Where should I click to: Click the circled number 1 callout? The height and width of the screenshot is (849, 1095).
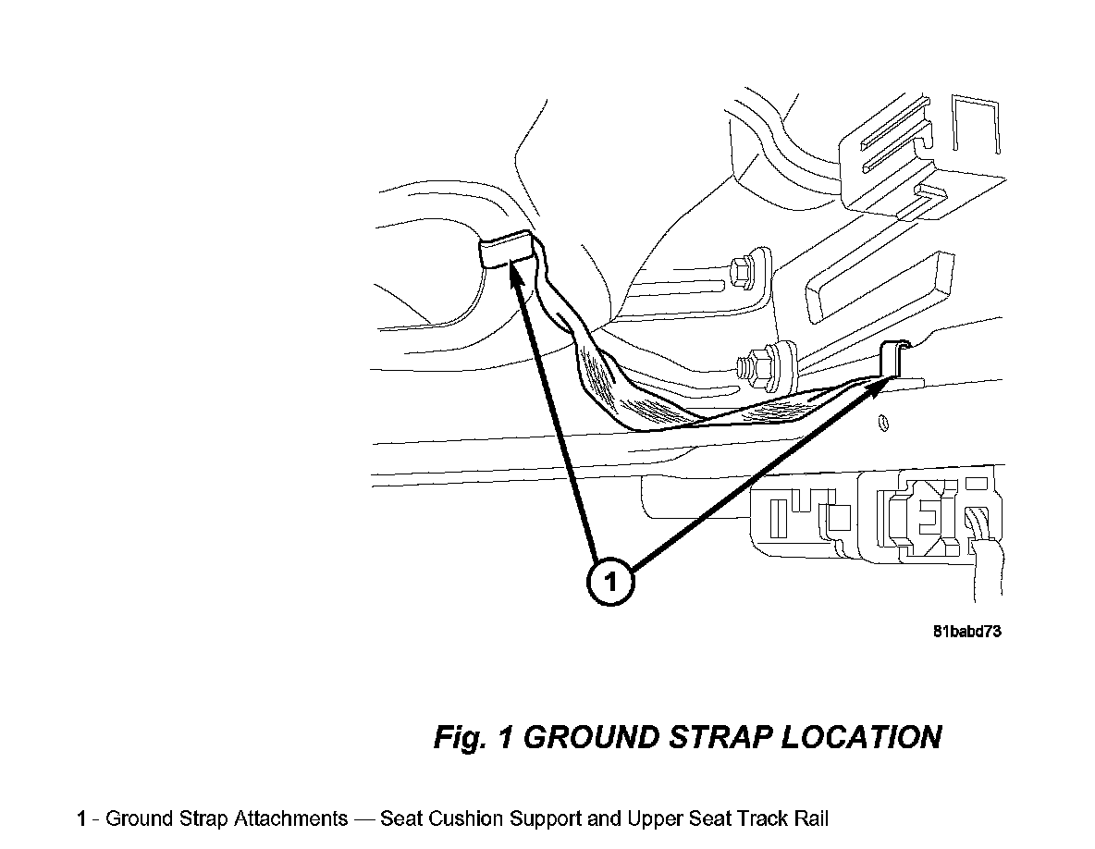[609, 581]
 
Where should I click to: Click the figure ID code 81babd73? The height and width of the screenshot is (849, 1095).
[967, 633]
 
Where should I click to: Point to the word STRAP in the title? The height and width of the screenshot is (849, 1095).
[730, 737]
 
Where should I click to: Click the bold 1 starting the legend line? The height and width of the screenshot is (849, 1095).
[82, 819]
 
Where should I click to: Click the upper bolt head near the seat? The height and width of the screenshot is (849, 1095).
[742, 272]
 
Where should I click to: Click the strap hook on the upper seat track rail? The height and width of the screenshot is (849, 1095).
[894, 361]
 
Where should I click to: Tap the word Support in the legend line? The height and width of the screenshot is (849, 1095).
[555, 819]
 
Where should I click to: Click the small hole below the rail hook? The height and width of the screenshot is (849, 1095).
[881, 424]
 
